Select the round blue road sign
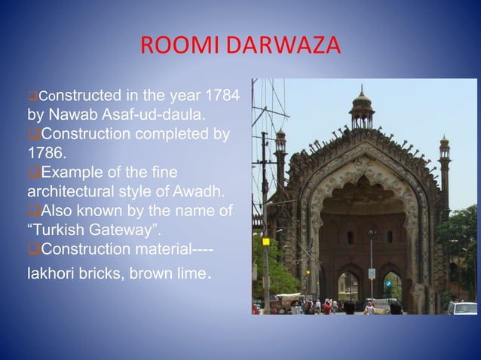(388, 284)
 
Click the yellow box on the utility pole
(265, 242)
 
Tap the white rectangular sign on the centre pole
(371, 273)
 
